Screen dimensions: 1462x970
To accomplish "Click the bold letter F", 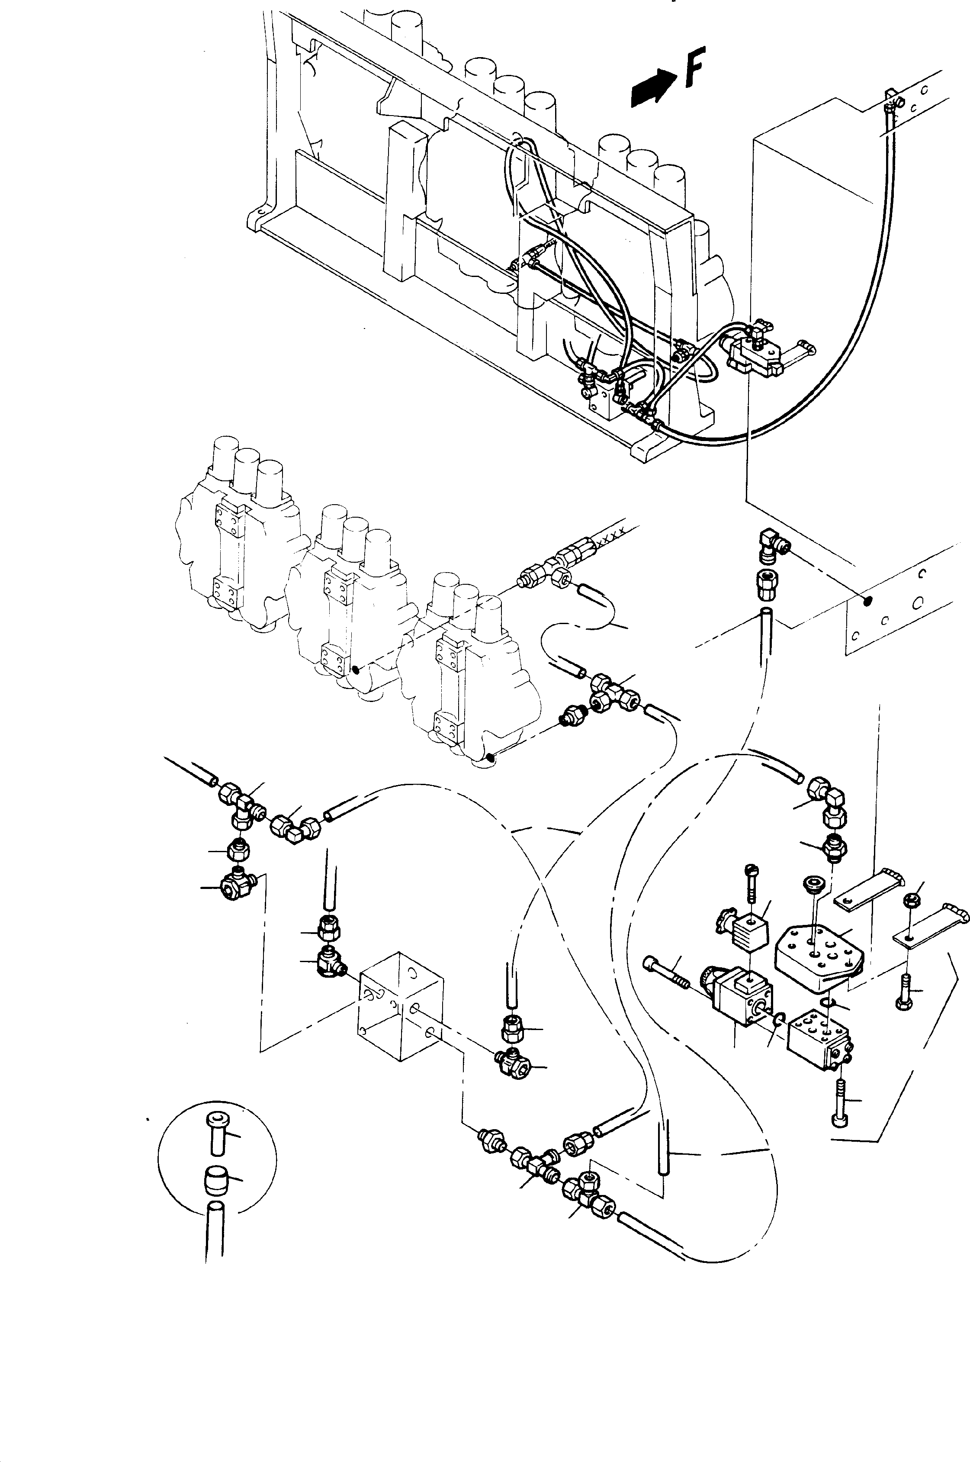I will pyautogui.click(x=694, y=68).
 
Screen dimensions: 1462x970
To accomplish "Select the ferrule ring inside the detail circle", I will pyautogui.click(x=214, y=1179).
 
